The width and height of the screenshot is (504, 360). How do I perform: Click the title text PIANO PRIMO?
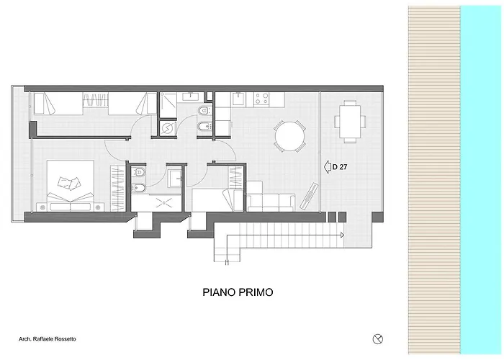(x=238, y=292)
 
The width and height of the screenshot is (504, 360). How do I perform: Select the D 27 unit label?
(x=340, y=167)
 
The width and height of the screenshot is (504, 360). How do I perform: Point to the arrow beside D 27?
(x=328, y=167)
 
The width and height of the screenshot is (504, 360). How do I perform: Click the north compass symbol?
(x=378, y=339)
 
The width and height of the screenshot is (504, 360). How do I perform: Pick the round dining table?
(x=289, y=136)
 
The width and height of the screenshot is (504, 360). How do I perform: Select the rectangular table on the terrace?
(x=350, y=121)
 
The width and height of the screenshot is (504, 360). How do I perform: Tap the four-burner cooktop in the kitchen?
(x=261, y=99)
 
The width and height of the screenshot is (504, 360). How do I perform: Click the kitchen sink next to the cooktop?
(x=238, y=99)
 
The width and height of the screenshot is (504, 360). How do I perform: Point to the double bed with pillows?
(x=71, y=186)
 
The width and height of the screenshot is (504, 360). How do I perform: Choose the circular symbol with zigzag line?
(x=168, y=128)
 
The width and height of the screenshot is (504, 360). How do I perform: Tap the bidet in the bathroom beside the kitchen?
(x=204, y=127)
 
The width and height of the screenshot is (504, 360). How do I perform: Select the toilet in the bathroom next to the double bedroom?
(x=139, y=172)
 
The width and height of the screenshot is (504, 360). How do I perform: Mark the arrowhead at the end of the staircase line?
(x=342, y=235)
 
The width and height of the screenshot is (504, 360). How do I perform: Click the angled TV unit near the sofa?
(x=309, y=196)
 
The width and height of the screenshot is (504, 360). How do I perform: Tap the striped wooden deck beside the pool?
(x=434, y=180)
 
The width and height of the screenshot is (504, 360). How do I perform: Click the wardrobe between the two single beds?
(x=96, y=99)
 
